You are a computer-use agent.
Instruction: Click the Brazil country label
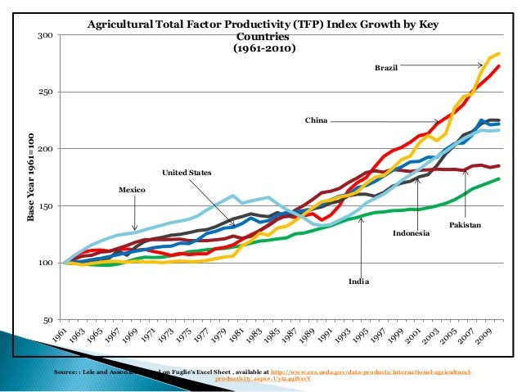tap(386, 68)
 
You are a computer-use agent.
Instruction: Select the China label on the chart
tap(316, 120)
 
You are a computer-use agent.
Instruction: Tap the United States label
tap(186, 173)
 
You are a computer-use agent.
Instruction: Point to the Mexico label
tap(132, 190)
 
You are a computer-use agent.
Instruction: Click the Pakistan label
tap(465, 224)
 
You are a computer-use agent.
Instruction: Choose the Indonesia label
tap(411, 234)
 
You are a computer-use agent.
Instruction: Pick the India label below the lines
tap(358, 281)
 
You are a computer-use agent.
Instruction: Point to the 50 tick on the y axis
tap(48, 320)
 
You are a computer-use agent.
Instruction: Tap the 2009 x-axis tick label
tap(487, 340)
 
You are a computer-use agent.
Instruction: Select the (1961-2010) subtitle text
tap(263, 48)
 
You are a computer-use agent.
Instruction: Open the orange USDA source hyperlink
tap(373, 372)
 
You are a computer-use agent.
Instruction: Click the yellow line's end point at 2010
tap(498, 53)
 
